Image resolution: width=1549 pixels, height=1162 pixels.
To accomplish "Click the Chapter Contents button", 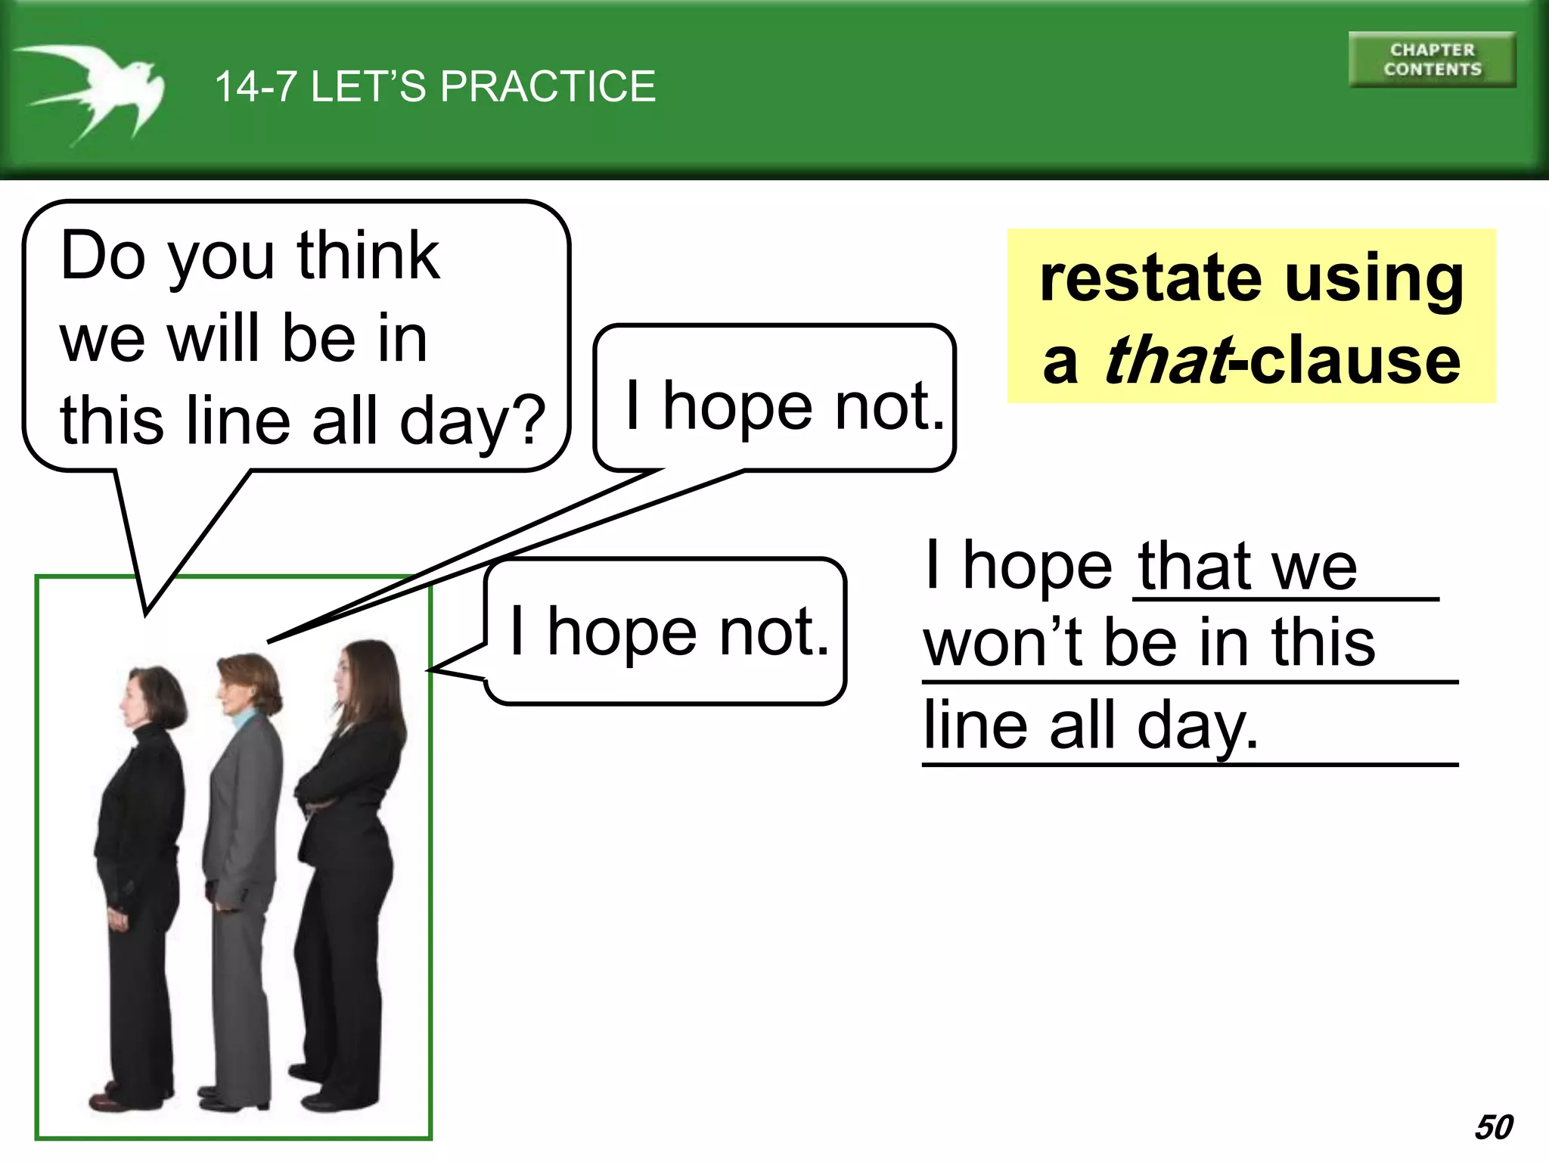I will coord(1432,60).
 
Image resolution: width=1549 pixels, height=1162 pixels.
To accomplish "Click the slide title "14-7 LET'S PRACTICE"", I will coord(435,86).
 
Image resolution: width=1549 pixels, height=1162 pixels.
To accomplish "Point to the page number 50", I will coord(1494,1127).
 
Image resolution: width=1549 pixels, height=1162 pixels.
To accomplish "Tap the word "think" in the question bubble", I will coord(368,256).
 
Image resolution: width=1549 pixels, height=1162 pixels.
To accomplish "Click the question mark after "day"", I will coord(525,421).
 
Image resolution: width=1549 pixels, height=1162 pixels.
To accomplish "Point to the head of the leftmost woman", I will coord(155,696).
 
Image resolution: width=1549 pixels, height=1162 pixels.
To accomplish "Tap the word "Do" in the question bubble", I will coord(102,256).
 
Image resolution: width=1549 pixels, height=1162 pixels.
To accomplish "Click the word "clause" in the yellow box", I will coord(1355,360).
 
